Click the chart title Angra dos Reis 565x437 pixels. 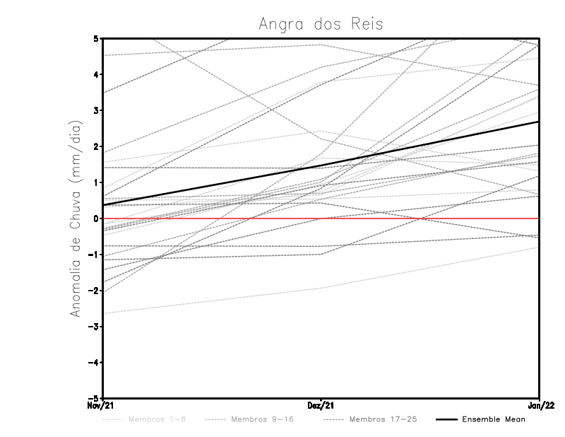[x=321, y=24]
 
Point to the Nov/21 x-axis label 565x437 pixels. [x=100, y=405]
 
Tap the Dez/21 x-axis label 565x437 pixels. [x=321, y=405]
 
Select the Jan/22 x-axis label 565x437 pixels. [x=540, y=405]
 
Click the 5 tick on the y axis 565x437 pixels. [x=97, y=38]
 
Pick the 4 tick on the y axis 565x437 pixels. [x=97, y=74]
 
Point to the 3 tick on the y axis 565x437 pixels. [x=97, y=110]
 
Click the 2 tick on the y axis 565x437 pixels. [x=97, y=146]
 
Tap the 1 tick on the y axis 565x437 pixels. [x=97, y=182]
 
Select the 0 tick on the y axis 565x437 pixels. [x=97, y=218]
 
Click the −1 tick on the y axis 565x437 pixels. [x=95, y=255]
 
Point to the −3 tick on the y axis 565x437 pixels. [x=95, y=327]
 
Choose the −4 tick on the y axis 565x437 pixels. [x=95, y=363]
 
